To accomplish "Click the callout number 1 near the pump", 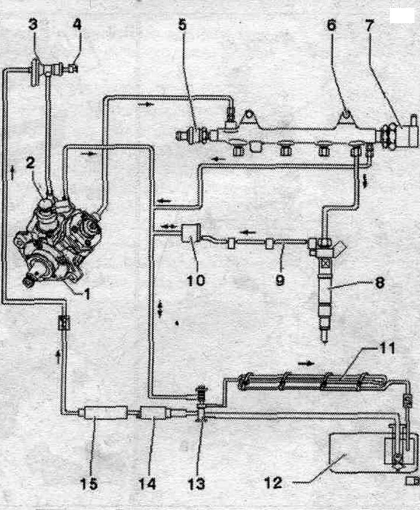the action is pyautogui.click(x=86, y=293).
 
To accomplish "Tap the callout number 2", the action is pyautogui.click(x=30, y=163).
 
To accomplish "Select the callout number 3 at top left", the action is pyautogui.click(x=33, y=24).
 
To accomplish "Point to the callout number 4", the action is pyautogui.click(x=77, y=24).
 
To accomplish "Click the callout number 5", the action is pyautogui.click(x=183, y=25).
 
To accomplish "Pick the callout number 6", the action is pyautogui.click(x=331, y=25).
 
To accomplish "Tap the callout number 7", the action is pyautogui.click(x=369, y=25).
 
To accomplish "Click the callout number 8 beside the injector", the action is pyautogui.click(x=380, y=283).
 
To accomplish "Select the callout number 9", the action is pyautogui.click(x=280, y=280).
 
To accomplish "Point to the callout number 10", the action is pyautogui.click(x=195, y=280).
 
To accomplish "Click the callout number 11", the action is pyautogui.click(x=387, y=349).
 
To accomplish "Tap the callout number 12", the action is pyautogui.click(x=273, y=483).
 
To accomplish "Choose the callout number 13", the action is pyautogui.click(x=197, y=484).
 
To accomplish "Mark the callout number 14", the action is pyautogui.click(x=147, y=484).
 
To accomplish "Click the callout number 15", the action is pyautogui.click(x=89, y=484).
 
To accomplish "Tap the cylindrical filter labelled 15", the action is pyautogui.click(x=105, y=413).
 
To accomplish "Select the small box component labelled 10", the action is pyautogui.click(x=190, y=233).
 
